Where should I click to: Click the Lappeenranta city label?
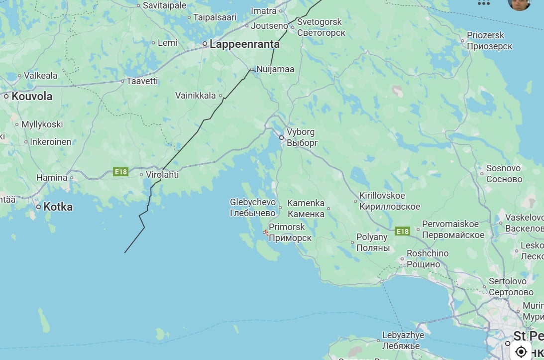[x=244, y=44]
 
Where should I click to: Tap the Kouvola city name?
[x=32, y=97]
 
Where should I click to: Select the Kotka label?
[x=58, y=207]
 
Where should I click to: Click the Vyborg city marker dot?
[x=281, y=137]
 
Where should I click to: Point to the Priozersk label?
[x=485, y=35]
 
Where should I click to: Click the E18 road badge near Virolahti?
[x=121, y=172]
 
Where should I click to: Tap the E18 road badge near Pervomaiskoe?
[x=402, y=231]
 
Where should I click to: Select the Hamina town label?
[x=52, y=177]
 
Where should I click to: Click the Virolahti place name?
[x=162, y=175]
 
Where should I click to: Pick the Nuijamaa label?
[x=275, y=69]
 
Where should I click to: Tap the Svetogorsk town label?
[x=320, y=22]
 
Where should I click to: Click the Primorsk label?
[x=287, y=227]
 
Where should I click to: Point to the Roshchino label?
[x=428, y=253]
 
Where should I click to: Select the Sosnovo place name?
[x=503, y=168]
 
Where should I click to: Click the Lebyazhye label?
[x=403, y=335]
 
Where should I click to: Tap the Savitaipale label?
[x=164, y=5]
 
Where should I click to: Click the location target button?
[x=521, y=352]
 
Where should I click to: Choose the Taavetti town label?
[x=142, y=81]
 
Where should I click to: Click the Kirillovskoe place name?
[x=382, y=196]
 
